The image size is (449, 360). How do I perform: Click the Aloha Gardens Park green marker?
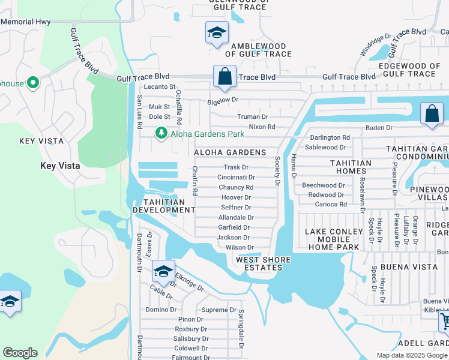point(161,133)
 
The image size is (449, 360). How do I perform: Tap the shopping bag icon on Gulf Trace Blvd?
point(224,77)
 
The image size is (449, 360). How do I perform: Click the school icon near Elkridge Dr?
point(163,272)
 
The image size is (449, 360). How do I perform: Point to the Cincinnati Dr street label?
point(236,178)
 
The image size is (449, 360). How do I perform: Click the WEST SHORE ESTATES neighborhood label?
point(263,264)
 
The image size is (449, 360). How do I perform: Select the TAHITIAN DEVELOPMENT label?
point(164,206)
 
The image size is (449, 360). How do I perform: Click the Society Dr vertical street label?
point(278,170)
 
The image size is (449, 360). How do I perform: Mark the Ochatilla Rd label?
point(178,103)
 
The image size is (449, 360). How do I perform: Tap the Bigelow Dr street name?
point(223,100)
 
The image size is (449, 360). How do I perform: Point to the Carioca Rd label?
point(331,205)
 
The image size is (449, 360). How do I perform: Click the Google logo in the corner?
point(20,353)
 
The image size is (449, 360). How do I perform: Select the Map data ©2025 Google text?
point(412,355)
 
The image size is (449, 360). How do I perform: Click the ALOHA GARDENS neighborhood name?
point(229,153)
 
